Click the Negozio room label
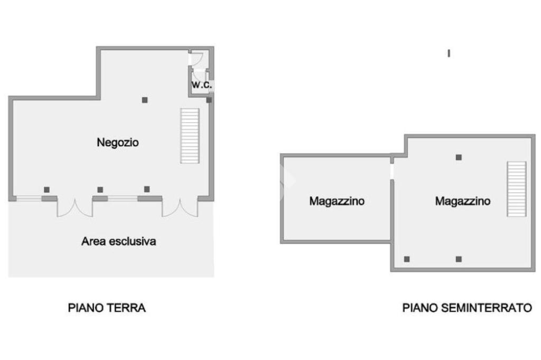(118, 142)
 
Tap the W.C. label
(201, 84)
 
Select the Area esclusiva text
(119, 242)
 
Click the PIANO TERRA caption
(107, 308)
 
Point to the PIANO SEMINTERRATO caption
(467, 308)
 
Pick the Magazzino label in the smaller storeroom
(337, 201)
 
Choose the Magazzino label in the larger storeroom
(463, 201)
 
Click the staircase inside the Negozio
(190, 136)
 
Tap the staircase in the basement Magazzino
(517, 189)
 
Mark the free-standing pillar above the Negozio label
(144, 100)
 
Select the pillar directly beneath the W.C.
(209, 100)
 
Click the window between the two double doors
(123, 198)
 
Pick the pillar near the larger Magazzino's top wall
(459, 157)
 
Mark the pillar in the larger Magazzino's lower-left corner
(407, 259)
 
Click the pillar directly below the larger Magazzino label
(459, 259)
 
